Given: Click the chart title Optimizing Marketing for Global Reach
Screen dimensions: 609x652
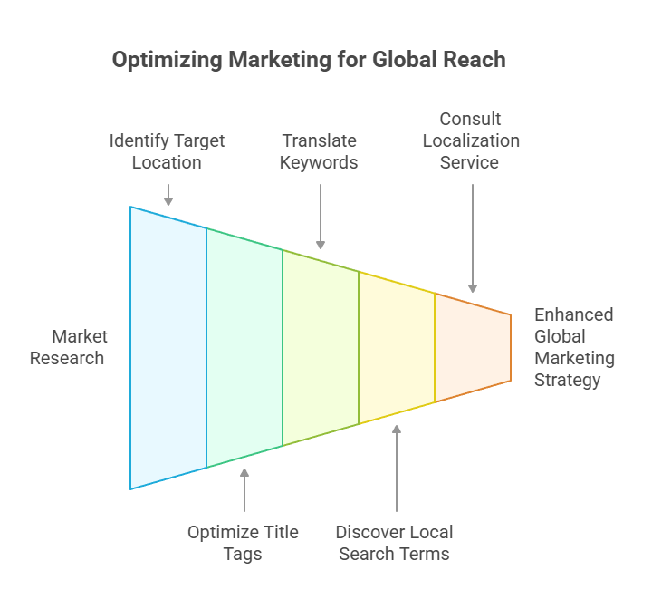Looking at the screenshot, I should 308,61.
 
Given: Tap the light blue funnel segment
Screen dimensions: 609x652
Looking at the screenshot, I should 168,347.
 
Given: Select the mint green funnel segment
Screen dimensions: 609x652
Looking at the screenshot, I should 244,347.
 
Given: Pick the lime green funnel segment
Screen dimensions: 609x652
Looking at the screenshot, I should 321,347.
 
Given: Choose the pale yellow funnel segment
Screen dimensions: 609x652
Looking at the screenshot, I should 397,347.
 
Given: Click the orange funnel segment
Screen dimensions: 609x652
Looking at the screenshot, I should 473,347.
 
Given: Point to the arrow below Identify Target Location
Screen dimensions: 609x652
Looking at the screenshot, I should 168,194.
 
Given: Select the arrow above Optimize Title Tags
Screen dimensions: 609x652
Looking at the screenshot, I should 244,489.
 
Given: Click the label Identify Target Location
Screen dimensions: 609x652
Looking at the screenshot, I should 168,151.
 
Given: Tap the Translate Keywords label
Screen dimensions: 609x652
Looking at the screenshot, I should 319,151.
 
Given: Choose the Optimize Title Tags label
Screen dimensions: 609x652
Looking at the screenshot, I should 243,542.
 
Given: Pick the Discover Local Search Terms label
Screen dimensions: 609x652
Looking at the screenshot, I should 394,542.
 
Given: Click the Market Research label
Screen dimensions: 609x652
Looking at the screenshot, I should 68,347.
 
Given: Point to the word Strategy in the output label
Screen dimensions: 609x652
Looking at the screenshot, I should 567,380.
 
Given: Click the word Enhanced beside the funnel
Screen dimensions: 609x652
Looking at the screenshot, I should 573,314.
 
